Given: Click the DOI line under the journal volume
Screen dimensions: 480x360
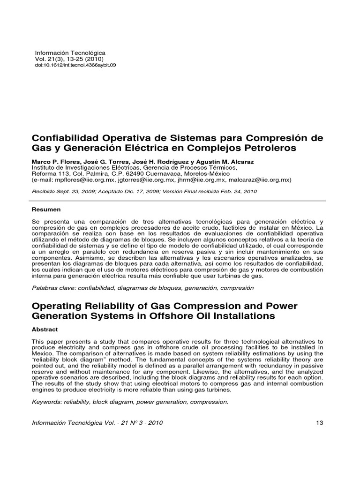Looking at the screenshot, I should pos(75,65).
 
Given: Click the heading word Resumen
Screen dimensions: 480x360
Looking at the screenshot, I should pos(46,209).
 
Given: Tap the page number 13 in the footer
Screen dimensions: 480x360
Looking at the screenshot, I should pos(320,422).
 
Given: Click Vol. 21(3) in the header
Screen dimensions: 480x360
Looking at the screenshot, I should pos(48,59).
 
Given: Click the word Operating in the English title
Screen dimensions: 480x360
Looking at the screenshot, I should pos(57,306).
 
